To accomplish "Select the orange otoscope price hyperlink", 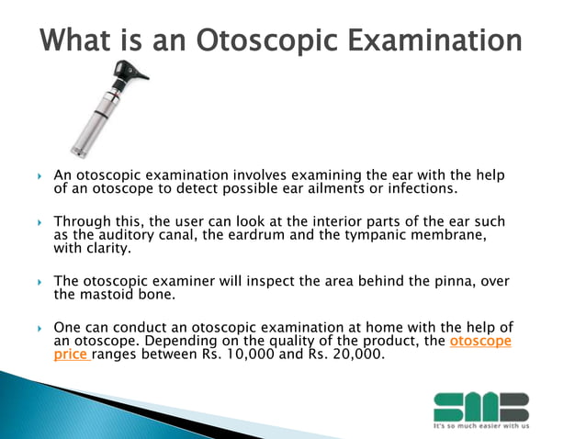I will pyautogui.click(x=480, y=342).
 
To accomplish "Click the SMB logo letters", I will pyautogui.click(x=480, y=405).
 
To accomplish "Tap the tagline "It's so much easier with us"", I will pyautogui.click(x=480, y=427).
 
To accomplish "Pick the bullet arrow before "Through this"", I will pyautogui.click(x=39, y=223).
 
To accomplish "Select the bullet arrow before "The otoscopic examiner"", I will pyautogui.click(x=39, y=281).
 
